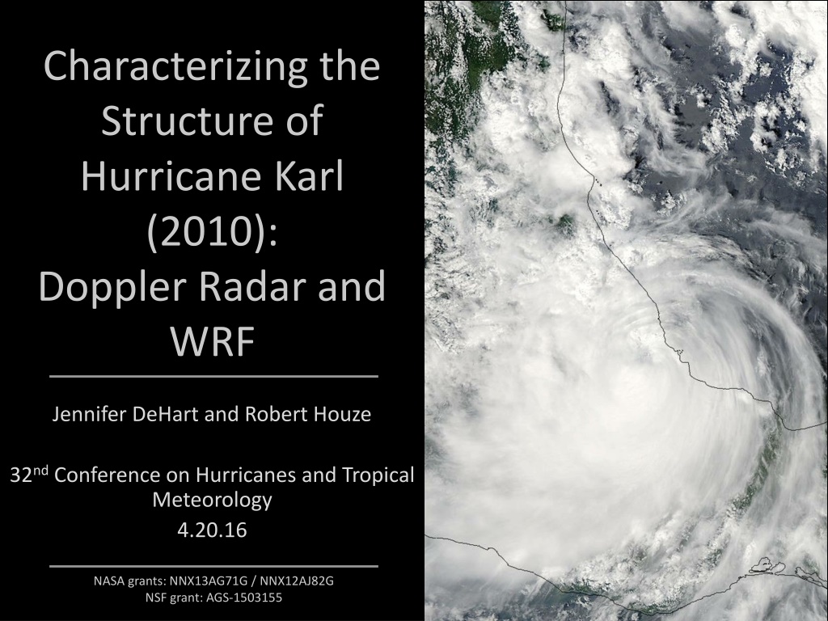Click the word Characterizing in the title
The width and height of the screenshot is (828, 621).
click(x=175, y=67)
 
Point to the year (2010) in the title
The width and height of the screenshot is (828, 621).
click(x=212, y=232)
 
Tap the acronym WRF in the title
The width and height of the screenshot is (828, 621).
click(x=213, y=342)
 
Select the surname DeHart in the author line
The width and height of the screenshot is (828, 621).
click(x=166, y=414)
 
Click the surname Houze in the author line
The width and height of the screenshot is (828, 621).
click(x=342, y=414)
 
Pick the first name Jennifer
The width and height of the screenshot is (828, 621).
click(x=90, y=414)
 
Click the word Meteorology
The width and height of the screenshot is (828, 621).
click(x=212, y=500)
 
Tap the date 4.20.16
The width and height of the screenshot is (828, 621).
click(x=213, y=530)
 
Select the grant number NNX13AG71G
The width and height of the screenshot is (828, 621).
click(x=209, y=581)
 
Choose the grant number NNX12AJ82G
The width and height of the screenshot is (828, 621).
click(x=297, y=581)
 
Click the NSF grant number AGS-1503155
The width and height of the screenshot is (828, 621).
click(x=244, y=598)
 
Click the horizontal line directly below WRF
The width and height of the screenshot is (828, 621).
click(x=213, y=377)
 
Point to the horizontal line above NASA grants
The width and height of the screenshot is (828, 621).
click(x=213, y=566)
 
